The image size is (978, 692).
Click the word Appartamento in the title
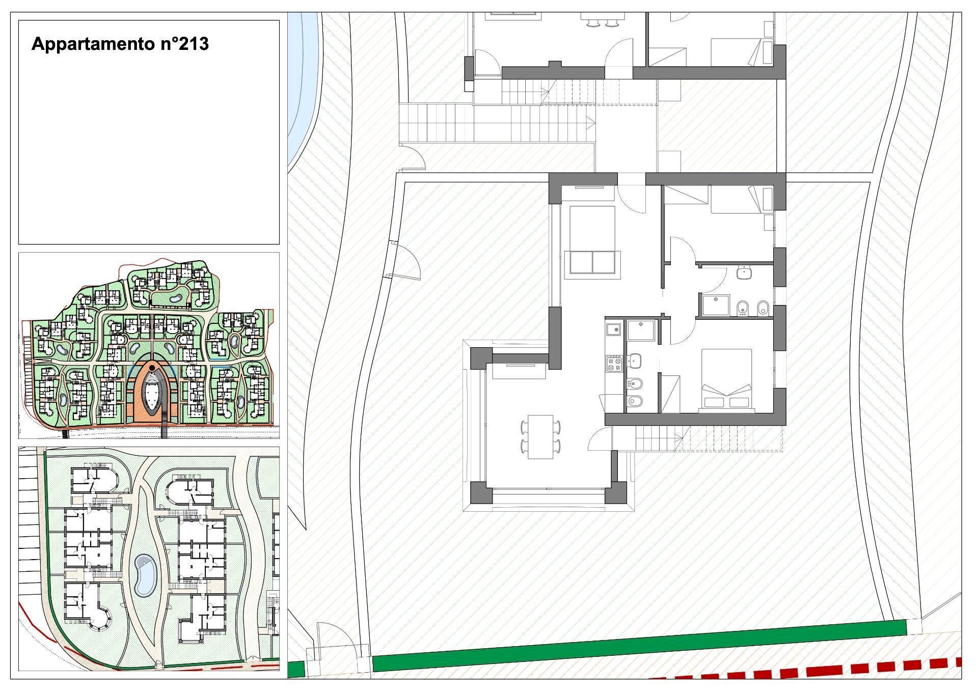pos(88,45)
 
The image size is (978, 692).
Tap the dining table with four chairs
pos(540,437)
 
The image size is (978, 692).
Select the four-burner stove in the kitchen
pos(614,364)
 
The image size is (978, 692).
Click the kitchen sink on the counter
pos(614,330)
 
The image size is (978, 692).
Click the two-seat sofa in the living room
pos(593,262)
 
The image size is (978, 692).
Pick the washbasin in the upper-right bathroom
pos(744,273)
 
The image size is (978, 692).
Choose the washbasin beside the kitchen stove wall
pos(634,361)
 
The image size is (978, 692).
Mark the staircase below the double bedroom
pos(708,438)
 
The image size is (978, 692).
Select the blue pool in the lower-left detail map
pos(146,575)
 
